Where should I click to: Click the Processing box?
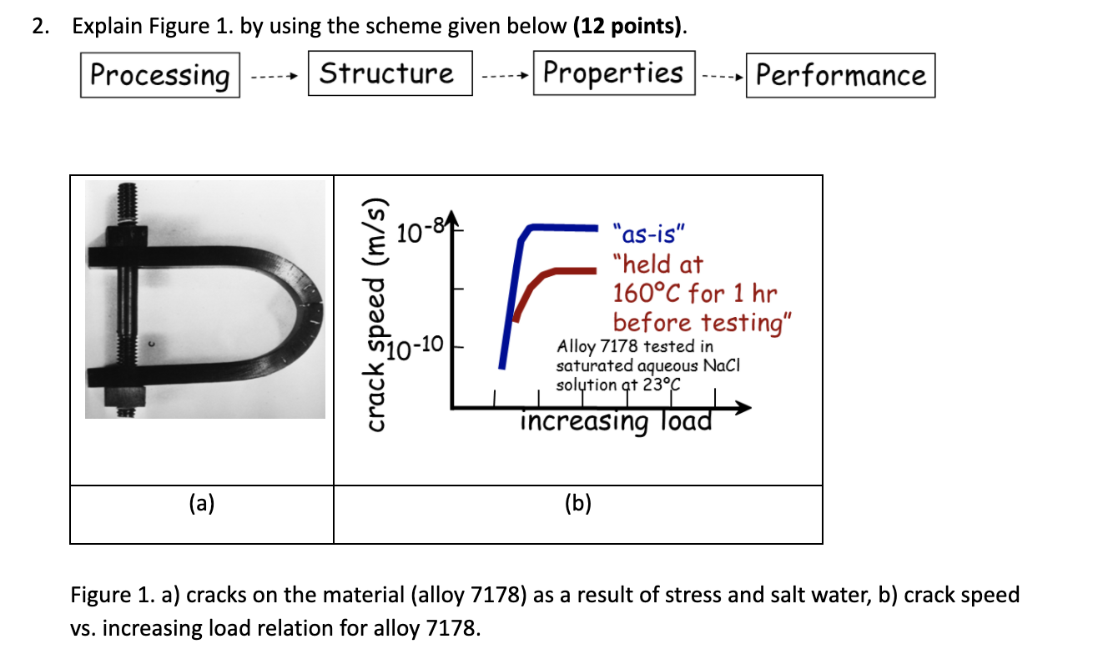pyautogui.click(x=159, y=75)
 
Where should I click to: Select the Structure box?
pyautogui.click(x=390, y=73)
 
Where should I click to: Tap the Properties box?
pyautogui.click(x=613, y=73)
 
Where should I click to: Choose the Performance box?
pyautogui.click(x=840, y=75)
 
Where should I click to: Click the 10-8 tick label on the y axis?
pyautogui.click(x=419, y=230)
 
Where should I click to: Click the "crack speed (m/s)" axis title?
pyautogui.click(x=378, y=316)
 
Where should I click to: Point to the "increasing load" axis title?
pyautogui.click(x=617, y=421)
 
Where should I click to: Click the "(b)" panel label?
pyautogui.click(x=577, y=503)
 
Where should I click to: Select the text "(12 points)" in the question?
pyautogui.click(x=629, y=27)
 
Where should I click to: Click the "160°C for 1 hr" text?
pyautogui.click(x=694, y=294)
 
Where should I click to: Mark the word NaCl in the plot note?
pyautogui.click(x=722, y=365)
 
